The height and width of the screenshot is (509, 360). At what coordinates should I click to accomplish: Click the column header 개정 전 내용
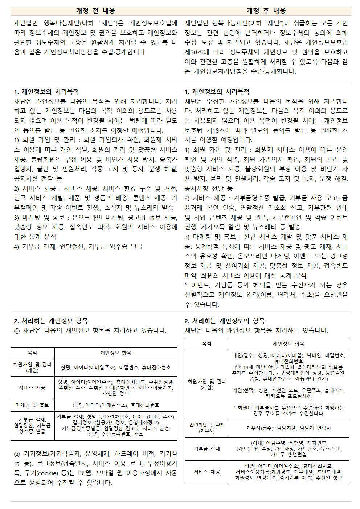pos(95,11)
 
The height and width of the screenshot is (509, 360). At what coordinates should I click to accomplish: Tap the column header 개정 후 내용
pos(266,11)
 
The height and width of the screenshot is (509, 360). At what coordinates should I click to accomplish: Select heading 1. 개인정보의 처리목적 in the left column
pos(46,92)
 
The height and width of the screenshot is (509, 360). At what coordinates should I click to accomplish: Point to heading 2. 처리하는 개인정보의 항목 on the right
pos(224,321)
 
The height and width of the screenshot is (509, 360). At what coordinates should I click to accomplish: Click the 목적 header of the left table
pos(32,353)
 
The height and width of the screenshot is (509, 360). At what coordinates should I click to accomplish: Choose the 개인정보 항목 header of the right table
pos(289,344)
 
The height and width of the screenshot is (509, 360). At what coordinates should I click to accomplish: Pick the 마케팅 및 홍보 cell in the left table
pos(32,405)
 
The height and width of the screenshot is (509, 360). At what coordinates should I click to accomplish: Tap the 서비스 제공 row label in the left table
pos(32,388)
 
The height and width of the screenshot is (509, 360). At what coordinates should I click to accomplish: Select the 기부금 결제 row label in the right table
pos(207,449)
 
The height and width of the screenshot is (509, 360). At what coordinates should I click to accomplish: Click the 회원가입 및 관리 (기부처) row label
pos(207,428)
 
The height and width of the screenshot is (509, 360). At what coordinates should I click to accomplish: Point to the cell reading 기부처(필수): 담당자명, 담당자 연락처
pos(289,428)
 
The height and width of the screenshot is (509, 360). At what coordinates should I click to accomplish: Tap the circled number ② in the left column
pos(17,454)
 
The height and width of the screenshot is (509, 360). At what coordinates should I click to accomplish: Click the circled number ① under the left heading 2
pos(17,331)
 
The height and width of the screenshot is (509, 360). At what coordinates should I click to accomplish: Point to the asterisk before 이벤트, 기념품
pos(186,285)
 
